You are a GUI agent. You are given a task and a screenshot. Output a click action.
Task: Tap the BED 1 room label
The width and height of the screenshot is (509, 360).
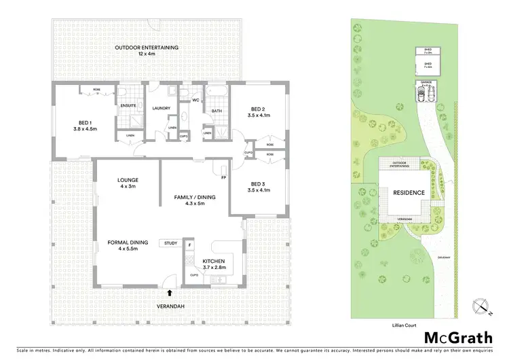coord(86,124)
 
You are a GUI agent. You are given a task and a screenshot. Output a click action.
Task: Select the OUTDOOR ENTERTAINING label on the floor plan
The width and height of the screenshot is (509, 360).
coord(146,47)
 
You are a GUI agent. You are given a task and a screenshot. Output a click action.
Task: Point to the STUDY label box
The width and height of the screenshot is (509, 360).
coord(170,243)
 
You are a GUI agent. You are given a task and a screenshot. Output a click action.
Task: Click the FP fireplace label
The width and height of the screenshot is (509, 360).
coord(223,178)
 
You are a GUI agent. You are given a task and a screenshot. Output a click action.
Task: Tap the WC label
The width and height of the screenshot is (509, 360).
coord(195,101)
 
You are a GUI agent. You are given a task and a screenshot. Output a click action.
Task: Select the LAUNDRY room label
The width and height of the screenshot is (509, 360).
coord(161,108)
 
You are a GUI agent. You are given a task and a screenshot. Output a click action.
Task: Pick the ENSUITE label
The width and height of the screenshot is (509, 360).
coord(128,106)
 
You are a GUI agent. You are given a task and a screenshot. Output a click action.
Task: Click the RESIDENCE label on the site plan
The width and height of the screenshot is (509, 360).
coord(409,192)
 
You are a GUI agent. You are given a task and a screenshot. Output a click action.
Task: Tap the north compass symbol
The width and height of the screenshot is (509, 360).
coord(484,307)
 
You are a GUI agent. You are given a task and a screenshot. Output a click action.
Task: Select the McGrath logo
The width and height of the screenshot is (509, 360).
coord(459,338)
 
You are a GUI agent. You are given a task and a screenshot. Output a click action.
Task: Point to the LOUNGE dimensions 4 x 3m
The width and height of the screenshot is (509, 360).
coord(128,186)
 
